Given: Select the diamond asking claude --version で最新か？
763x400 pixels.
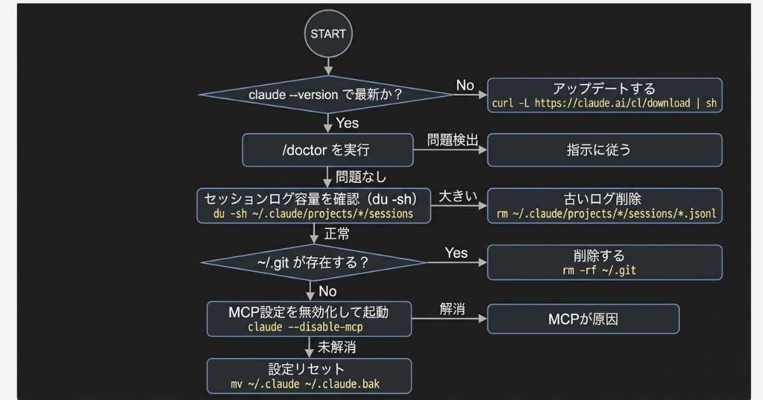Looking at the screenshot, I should coord(327,95).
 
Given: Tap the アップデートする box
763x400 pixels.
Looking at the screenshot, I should coord(605,95).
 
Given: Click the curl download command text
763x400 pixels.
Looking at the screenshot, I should coord(605,103).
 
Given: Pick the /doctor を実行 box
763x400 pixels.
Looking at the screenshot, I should coord(327,150).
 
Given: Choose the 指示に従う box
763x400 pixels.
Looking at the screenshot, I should coord(605,150).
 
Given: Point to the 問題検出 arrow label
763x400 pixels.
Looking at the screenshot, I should coord(452,140).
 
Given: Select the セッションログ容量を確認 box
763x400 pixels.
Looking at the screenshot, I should coord(313,206).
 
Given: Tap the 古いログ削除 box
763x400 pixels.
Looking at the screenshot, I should coord(605,206).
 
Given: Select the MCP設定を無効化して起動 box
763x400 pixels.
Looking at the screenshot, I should coord(309,319).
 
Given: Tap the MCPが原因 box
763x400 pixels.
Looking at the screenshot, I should coord(583,319).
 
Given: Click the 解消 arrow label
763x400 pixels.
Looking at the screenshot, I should coord(452,309).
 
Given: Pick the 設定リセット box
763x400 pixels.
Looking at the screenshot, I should coord(309,376).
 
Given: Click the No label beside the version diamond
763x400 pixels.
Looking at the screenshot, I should coord(465,86).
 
